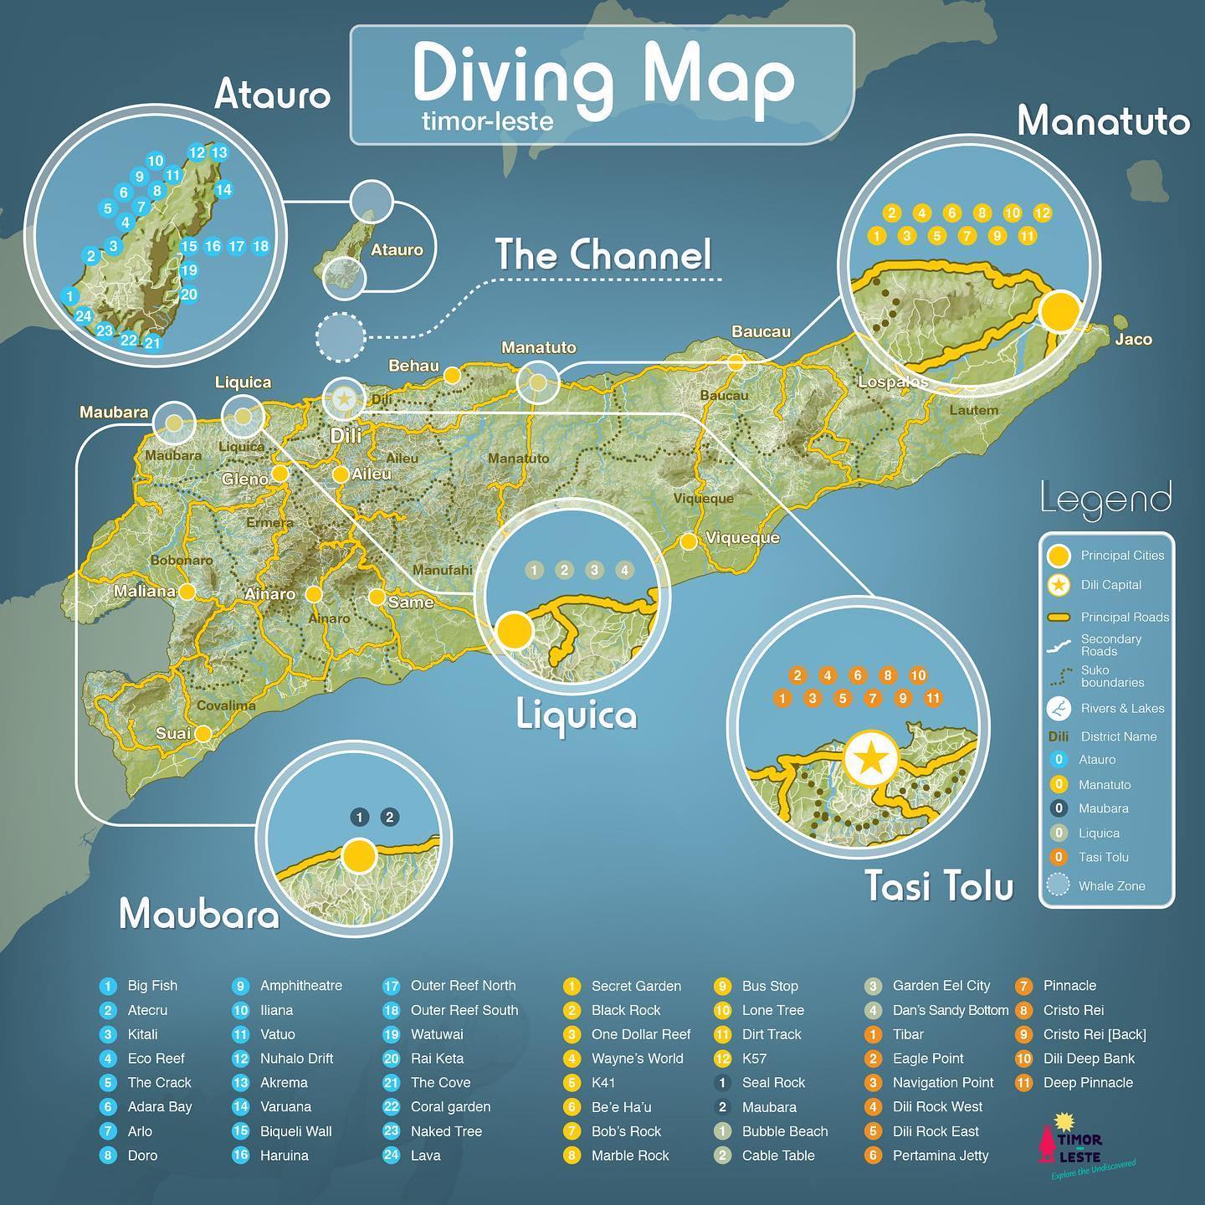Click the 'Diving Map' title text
click(x=602, y=77)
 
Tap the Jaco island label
click(x=1133, y=339)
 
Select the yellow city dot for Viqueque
click(x=689, y=541)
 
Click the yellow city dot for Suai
click(x=203, y=734)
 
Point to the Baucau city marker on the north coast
click(x=736, y=361)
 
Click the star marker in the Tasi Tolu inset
click(x=871, y=759)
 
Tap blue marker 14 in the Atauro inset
click(x=223, y=190)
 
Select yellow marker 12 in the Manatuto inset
click(x=1042, y=213)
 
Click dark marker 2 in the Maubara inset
click(x=389, y=818)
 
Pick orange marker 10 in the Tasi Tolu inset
click(x=918, y=675)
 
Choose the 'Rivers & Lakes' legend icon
click(x=1059, y=708)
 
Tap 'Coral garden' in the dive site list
click(x=450, y=1106)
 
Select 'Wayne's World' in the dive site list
click(x=637, y=1059)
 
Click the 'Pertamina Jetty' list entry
click(x=940, y=1155)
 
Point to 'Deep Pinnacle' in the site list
click(x=1088, y=1083)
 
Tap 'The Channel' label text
click(x=602, y=255)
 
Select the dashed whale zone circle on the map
click(x=341, y=336)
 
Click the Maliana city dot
click(x=187, y=592)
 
